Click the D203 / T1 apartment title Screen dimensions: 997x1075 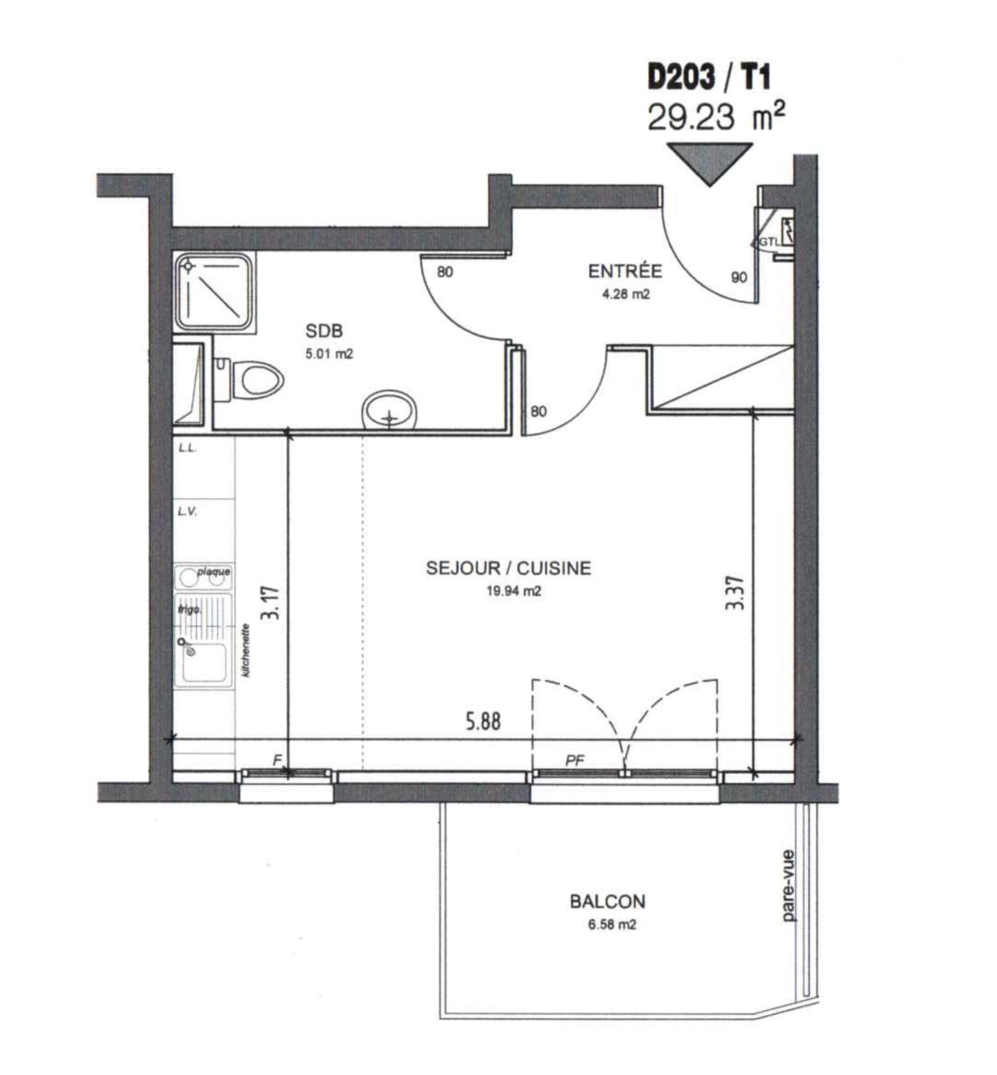[709, 78]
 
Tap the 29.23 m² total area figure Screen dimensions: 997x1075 [716, 117]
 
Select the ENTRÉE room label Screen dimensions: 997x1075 [624, 271]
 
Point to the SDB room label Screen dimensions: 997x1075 [324, 331]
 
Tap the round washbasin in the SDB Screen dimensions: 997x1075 [390, 410]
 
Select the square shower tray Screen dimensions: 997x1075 [215, 292]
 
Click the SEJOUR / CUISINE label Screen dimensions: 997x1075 [508, 568]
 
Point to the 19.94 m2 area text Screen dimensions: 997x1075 [514, 591]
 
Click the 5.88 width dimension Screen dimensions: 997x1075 [483, 721]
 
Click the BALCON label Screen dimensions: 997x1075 [607, 901]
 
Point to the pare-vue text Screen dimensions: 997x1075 [788, 886]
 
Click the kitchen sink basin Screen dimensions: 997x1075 [204, 661]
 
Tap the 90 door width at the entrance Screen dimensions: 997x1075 [739, 277]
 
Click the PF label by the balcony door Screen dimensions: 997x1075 [575, 760]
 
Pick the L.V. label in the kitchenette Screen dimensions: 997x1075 [188, 512]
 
